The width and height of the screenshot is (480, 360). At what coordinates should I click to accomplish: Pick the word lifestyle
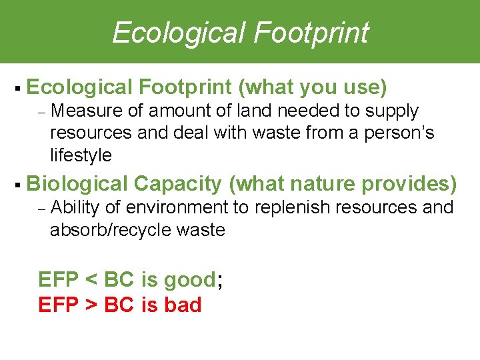pyautogui.click(x=81, y=156)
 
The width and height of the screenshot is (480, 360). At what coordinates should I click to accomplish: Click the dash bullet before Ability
pyautogui.click(x=41, y=209)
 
